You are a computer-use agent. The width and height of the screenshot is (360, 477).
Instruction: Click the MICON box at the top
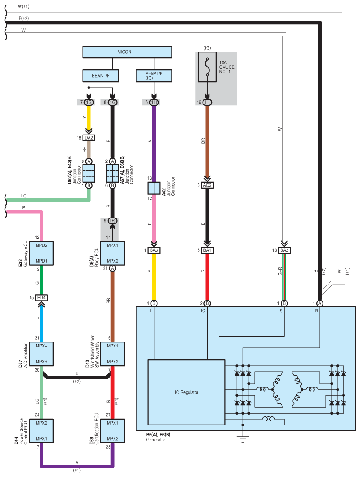[127, 52]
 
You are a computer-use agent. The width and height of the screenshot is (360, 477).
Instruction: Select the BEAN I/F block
[100, 75]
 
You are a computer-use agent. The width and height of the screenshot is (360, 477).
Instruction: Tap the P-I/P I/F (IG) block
[154, 75]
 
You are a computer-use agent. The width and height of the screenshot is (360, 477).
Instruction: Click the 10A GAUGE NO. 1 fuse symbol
[207, 67]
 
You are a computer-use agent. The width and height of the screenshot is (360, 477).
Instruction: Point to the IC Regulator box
[186, 393]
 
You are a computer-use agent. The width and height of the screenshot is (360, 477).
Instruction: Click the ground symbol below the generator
[243, 440]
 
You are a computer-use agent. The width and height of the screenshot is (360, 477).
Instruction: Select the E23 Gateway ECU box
[42, 254]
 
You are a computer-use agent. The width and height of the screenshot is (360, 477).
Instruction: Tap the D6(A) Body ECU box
[112, 254]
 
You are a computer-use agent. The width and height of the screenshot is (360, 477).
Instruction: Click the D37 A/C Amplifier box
[42, 354]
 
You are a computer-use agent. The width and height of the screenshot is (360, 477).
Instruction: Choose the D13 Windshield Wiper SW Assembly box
[112, 354]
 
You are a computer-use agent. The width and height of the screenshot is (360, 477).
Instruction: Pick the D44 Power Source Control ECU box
[42, 431]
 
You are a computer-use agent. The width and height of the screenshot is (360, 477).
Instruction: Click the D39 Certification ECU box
[112, 431]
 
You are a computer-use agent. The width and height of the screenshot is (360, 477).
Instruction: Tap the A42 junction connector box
[154, 188]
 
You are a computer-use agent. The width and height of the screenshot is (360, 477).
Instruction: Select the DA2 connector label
[89, 138]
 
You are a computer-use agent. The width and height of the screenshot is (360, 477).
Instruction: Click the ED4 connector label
[42, 297]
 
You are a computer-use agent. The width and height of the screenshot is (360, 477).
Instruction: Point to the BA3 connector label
[154, 250]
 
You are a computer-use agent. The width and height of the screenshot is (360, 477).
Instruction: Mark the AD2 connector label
[207, 185]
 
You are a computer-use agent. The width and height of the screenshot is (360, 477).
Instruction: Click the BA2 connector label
[284, 250]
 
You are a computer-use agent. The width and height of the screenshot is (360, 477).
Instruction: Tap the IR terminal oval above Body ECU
[112, 221]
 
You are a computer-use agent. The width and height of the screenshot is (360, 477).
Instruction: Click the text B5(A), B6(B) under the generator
[158, 435]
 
